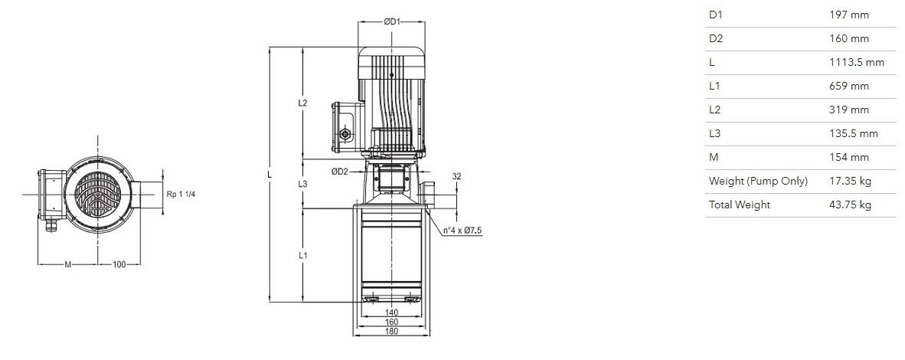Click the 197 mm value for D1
point(848,15)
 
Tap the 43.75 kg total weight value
point(850,205)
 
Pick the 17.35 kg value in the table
point(850,181)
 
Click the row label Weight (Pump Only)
point(759,181)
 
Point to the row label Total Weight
point(740,205)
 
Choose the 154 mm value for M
point(848,157)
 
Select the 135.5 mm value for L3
point(853,133)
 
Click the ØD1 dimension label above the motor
point(392,21)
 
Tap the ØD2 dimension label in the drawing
point(339,171)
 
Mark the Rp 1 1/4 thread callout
point(181,194)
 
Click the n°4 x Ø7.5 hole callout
point(462,231)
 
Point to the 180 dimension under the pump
point(391,331)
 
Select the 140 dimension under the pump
point(391,313)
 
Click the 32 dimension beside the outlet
point(456,176)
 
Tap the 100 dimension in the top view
point(119,265)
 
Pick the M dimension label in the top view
point(67,265)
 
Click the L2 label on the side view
point(302,103)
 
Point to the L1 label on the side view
point(302,255)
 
